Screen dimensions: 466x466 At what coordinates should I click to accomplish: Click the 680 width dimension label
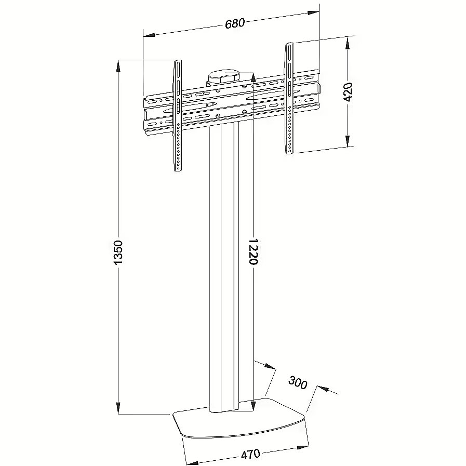235,23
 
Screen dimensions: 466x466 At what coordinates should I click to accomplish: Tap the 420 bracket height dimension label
348,92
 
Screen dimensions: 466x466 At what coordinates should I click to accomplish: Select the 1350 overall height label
118,252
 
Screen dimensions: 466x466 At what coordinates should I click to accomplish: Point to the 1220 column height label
253,251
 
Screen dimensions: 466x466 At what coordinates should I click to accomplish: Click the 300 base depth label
298,382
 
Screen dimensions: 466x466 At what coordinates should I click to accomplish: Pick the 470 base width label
250,455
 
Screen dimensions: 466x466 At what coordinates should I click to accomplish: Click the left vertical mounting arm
178,116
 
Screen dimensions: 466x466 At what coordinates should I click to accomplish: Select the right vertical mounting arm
289,98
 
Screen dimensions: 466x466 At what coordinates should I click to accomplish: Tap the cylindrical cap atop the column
224,77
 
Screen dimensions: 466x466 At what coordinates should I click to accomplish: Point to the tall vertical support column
224,268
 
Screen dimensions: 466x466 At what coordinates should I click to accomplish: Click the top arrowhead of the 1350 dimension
118,66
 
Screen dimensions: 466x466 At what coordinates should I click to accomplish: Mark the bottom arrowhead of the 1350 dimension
118,408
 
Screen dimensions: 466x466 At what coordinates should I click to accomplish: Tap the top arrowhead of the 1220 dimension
253,78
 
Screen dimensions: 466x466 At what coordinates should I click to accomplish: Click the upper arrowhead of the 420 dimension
347,43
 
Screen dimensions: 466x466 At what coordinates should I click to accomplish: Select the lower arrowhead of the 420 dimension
348,141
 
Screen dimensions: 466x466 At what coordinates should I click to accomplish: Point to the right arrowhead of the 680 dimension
314,13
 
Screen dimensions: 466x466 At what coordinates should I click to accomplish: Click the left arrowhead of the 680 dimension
149,35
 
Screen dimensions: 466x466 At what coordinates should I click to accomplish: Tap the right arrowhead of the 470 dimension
302,447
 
